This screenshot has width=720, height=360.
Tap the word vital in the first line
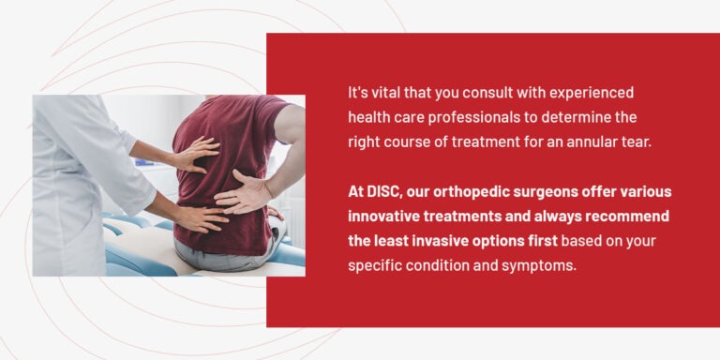click(x=385, y=93)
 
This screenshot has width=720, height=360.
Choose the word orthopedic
click(x=477, y=191)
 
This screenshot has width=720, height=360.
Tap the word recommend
click(x=629, y=216)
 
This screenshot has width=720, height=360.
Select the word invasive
click(x=441, y=240)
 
